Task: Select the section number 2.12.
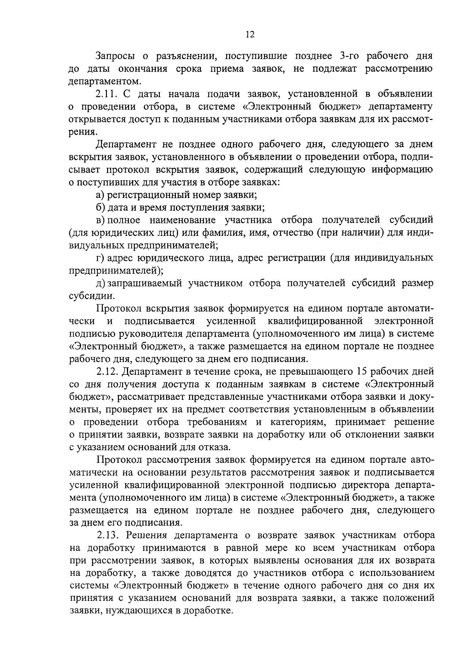[x=108, y=371]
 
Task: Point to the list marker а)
[x=101, y=195]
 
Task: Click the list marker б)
[x=101, y=207]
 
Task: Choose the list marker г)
[x=100, y=258]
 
